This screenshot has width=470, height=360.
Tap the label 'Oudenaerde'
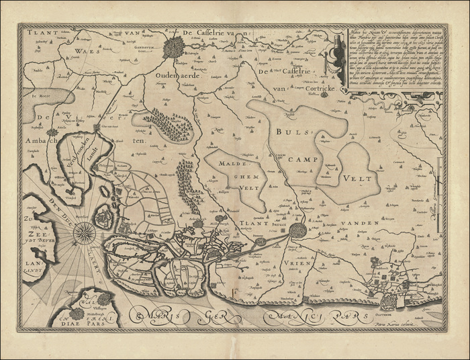175,75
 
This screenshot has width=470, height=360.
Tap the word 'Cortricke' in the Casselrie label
295,87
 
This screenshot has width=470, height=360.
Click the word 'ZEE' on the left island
33,227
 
